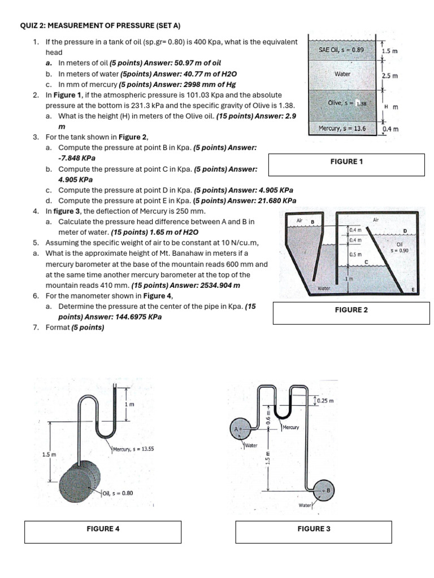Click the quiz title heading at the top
(x=100, y=26)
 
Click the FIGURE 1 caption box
(x=346, y=162)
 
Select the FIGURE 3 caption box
(x=314, y=529)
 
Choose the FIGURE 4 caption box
(x=102, y=529)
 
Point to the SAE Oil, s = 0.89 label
(x=341, y=50)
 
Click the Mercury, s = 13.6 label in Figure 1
(x=342, y=128)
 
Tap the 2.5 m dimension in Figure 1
(x=390, y=76)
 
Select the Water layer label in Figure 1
(x=342, y=74)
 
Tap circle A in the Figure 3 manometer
(x=238, y=430)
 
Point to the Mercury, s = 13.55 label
(x=133, y=449)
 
